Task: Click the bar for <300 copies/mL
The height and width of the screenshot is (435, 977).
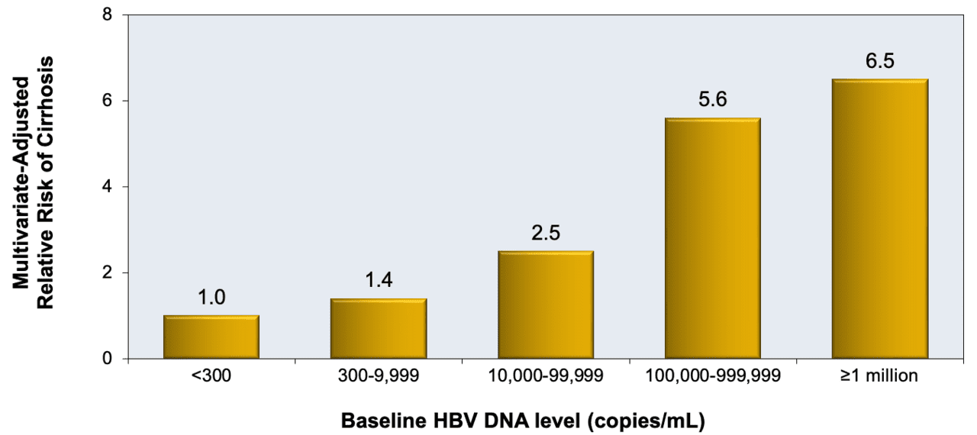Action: pyautogui.click(x=211, y=337)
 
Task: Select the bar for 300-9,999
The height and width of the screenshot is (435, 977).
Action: pyautogui.click(x=379, y=328)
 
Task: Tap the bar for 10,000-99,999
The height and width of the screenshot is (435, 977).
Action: pyautogui.click(x=546, y=304)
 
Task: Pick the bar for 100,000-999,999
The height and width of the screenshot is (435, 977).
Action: pyautogui.click(x=713, y=238)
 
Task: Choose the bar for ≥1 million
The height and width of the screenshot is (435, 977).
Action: pyautogui.click(x=880, y=218)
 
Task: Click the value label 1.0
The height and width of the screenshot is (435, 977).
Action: pyautogui.click(x=211, y=298)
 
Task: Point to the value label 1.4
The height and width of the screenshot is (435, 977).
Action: pyautogui.click(x=379, y=281)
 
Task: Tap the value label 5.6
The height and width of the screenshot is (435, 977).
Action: pyautogui.click(x=713, y=100)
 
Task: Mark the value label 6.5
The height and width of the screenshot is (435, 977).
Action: pyautogui.click(x=880, y=61)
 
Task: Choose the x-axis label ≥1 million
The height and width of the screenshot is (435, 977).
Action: pyautogui.click(x=880, y=375)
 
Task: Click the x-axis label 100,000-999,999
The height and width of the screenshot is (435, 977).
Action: pyautogui.click(x=713, y=375)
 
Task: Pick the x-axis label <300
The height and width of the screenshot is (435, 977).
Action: pyautogui.click(x=211, y=375)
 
